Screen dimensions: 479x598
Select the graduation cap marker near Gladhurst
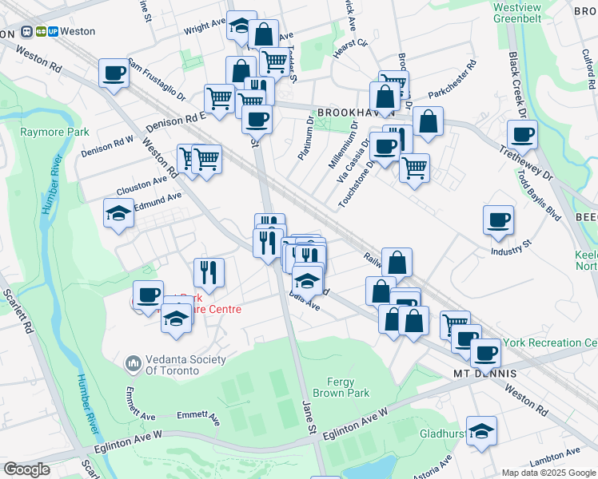pos(481,432)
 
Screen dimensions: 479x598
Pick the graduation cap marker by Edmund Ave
pos(118,213)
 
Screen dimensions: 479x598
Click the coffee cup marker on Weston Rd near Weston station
pos(114,74)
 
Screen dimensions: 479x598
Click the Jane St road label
pos(309,418)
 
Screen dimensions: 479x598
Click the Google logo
pos(27,469)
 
